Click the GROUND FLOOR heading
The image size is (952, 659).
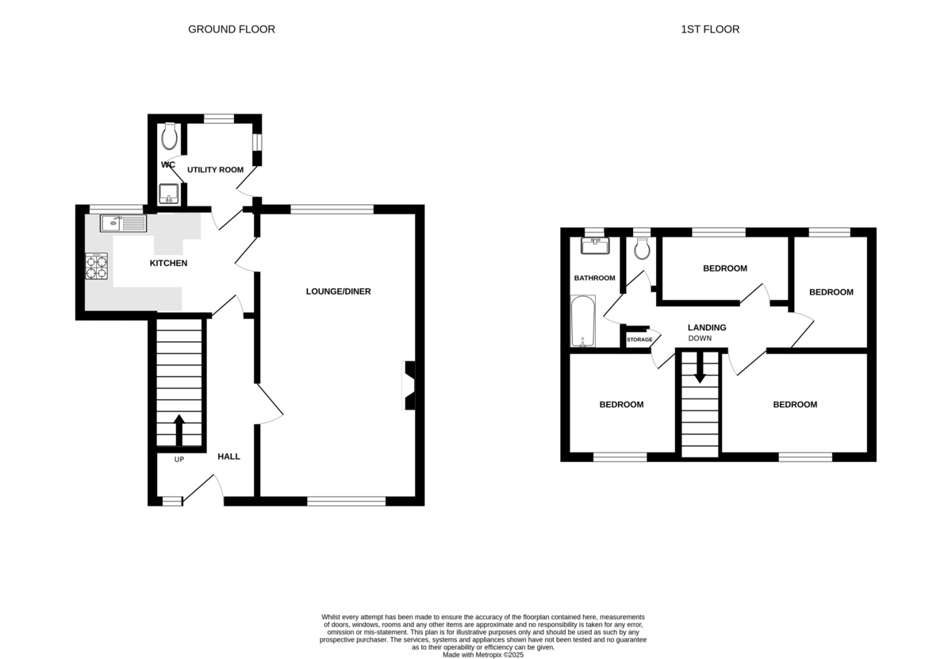232,29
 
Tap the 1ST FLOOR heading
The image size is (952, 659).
710,29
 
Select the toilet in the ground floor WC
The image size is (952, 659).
169,136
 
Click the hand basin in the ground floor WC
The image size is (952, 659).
169,194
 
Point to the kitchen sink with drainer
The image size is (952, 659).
123,223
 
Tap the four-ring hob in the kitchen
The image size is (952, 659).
97,266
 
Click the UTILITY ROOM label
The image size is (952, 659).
216,170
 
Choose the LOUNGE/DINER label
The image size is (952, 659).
338,291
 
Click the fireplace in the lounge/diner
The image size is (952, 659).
409,385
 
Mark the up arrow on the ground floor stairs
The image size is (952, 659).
179,430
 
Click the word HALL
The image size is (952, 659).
228,457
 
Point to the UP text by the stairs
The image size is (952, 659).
179,460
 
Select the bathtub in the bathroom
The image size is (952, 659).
582,322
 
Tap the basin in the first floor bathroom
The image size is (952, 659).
595,246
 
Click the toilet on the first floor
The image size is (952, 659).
642,249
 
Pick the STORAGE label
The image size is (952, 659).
639,340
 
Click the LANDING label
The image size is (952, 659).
707,328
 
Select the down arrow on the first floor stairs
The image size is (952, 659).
700,368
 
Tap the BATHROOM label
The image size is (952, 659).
594,278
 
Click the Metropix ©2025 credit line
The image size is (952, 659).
483,655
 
